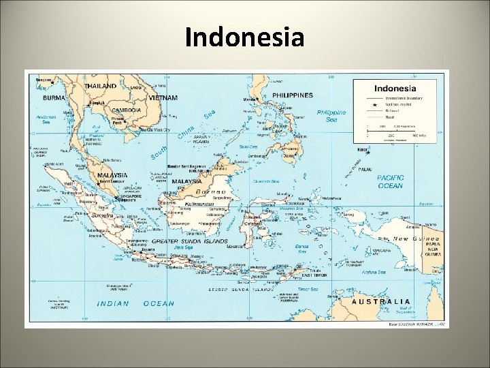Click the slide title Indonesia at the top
coord(245,37)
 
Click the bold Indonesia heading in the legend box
coord(395,89)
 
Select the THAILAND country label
coord(101,87)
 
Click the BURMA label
coord(54,97)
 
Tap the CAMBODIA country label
coord(126,110)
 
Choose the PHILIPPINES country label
coord(293,95)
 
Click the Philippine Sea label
coord(331,116)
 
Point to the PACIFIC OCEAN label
coord(390,181)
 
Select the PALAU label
coord(365,169)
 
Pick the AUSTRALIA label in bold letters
coord(381,301)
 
